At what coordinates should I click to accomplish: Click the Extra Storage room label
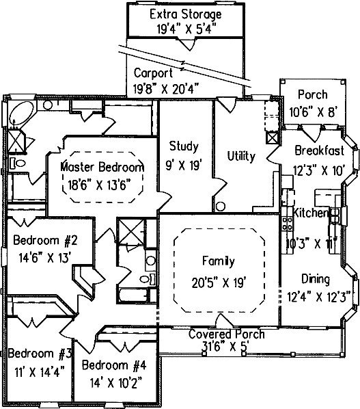[x=186, y=14]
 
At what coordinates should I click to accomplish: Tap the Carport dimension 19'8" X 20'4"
[x=167, y=90]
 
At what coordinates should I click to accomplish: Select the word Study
[x=184, y=146]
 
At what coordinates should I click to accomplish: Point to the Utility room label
[x=241, y=156]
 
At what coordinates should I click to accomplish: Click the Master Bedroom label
[x=102, y=167]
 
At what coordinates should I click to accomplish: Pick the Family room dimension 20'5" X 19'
[x=219, y=282]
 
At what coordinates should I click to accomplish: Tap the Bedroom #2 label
[x=45, y=240]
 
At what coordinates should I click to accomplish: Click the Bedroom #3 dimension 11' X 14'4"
[x=40, y=372]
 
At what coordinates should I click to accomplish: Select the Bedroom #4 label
[x=114, y=365]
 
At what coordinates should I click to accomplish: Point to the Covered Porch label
[x=226, y=334]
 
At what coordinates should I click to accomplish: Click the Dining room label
[x=316, y=279]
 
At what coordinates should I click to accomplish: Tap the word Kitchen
[x=310, y=213]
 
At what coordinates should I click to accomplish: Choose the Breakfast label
[x=320, y=150]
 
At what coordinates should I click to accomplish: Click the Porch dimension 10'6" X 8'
[x=314, y=113]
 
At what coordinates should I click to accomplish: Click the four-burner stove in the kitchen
[x=287, y=224]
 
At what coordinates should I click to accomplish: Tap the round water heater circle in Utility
[x=221, y=207]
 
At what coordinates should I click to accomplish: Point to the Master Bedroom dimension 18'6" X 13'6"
[x=99, y=185]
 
